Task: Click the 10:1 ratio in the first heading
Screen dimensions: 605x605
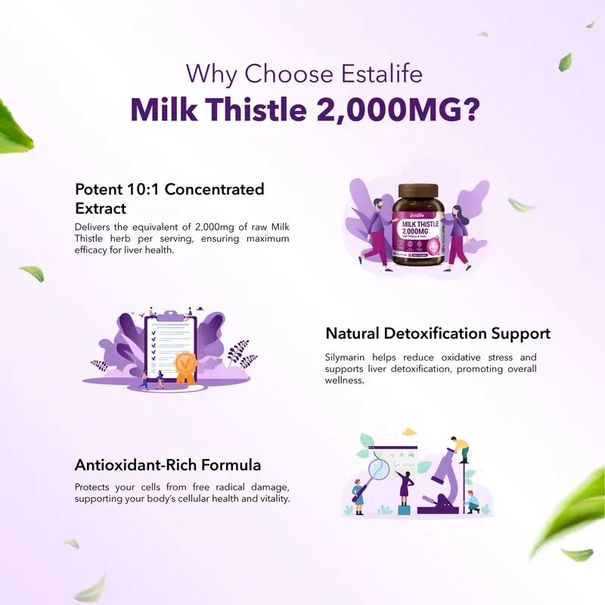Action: click(140, 189)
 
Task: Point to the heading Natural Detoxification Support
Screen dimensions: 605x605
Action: click(438, 334)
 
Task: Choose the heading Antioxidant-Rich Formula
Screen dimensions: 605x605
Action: click(168, 464)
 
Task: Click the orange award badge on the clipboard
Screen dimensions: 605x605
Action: click(185, 365)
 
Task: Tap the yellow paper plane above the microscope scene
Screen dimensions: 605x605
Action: click(409, 432)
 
